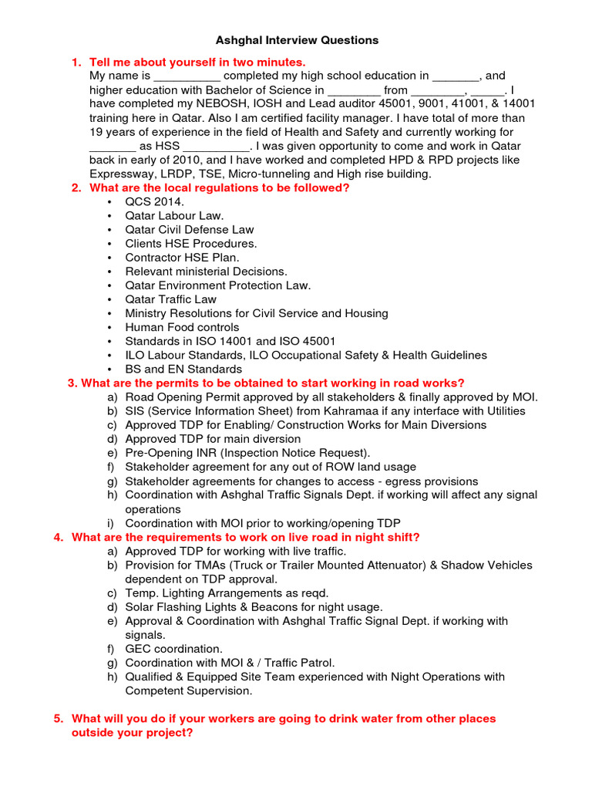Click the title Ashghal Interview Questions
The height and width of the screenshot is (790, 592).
[296, 40]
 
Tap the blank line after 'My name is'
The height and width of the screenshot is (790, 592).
[187, 77]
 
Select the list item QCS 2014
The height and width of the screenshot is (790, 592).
[155, 201]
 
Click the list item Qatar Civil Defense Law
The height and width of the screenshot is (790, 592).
[190, 229]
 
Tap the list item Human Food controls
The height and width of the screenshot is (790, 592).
[183, 327]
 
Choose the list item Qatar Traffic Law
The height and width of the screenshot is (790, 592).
[171, 299]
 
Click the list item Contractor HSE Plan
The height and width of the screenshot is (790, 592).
[183, 257]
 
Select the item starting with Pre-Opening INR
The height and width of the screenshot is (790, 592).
[247, 453]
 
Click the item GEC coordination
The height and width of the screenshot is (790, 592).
[173, 649]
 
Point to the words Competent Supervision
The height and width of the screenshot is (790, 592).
[189, 690]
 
